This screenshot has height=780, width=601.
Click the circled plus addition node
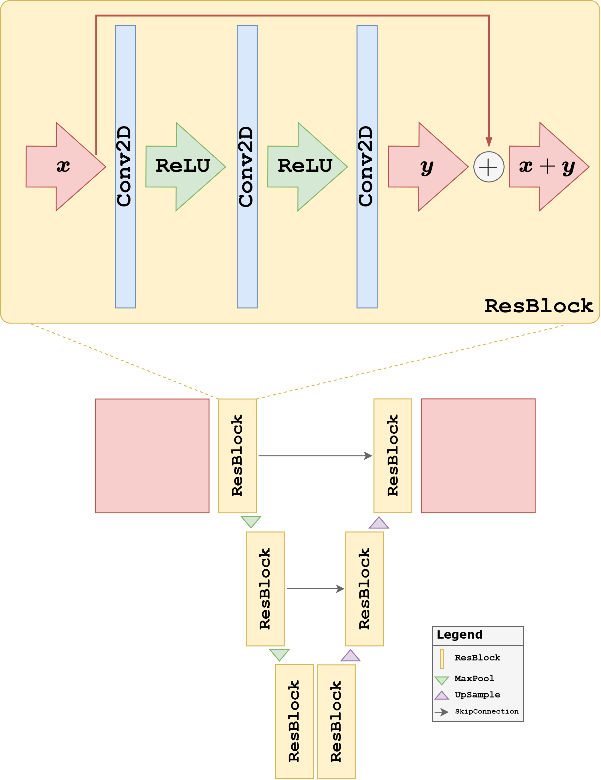point(489,167)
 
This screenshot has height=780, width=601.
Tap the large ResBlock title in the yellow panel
point(538,306)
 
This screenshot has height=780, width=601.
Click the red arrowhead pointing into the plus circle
point(489,142)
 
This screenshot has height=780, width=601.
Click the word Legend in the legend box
point(459,634)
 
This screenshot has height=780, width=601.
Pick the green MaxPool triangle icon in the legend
point(441,680)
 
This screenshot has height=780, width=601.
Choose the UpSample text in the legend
point(477,695)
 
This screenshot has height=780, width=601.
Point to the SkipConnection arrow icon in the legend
point(441,712)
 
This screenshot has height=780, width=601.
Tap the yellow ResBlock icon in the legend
point(441,659)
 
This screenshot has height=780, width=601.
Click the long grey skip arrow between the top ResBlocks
point(315,456)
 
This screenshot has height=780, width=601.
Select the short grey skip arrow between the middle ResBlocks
point(315,589)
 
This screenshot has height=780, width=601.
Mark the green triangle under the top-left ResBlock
point(251,522)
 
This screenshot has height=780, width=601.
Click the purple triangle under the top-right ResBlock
point(379,523)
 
